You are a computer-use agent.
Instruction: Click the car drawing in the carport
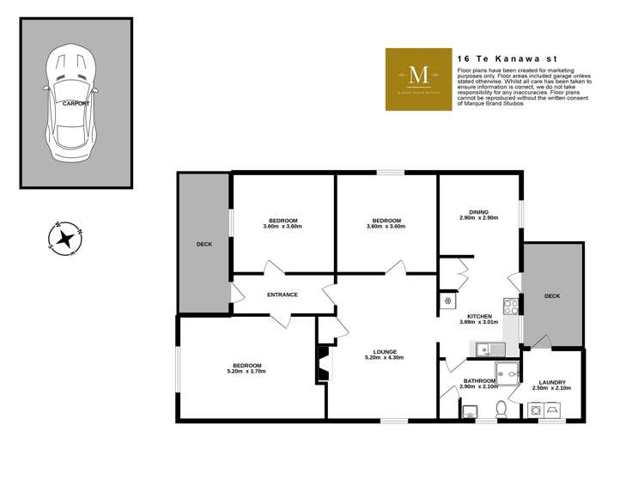(x=76, y=105)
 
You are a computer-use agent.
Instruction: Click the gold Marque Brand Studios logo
(x=418, y=79)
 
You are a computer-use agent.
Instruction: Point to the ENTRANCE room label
(x=282, y=295)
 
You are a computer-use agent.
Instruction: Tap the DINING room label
(x=478, y=212)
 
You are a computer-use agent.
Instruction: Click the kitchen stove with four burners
(x=510, y=304)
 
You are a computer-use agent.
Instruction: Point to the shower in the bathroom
(x=508, y=371)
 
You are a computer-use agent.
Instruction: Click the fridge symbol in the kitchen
(x=447, y=301)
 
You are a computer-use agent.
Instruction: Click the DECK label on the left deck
(x=204, y=245)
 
